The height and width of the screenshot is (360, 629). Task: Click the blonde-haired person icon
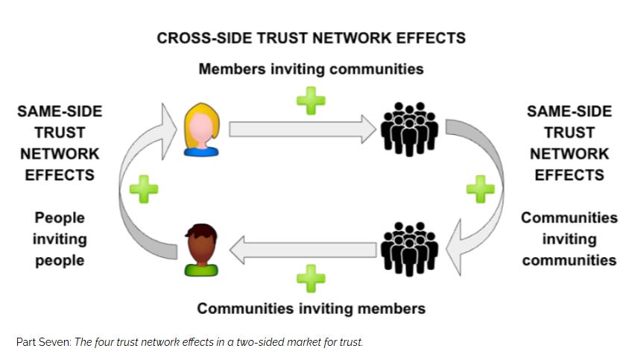click(199, 128)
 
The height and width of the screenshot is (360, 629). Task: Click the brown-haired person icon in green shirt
click(199, 250)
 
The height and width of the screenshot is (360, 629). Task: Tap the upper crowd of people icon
click(409, 128)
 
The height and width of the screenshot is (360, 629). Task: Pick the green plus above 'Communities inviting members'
click(311, 278)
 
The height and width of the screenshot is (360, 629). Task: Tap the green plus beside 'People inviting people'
click(144, 189)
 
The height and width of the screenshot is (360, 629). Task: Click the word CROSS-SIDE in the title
click(198, 38)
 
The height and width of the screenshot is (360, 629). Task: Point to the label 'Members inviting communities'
click(311, 69)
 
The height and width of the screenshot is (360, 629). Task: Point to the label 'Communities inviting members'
click(311, 308)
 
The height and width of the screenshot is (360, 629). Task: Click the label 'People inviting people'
click(60, 239)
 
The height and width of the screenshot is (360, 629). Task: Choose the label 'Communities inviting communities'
click(569, 239)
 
